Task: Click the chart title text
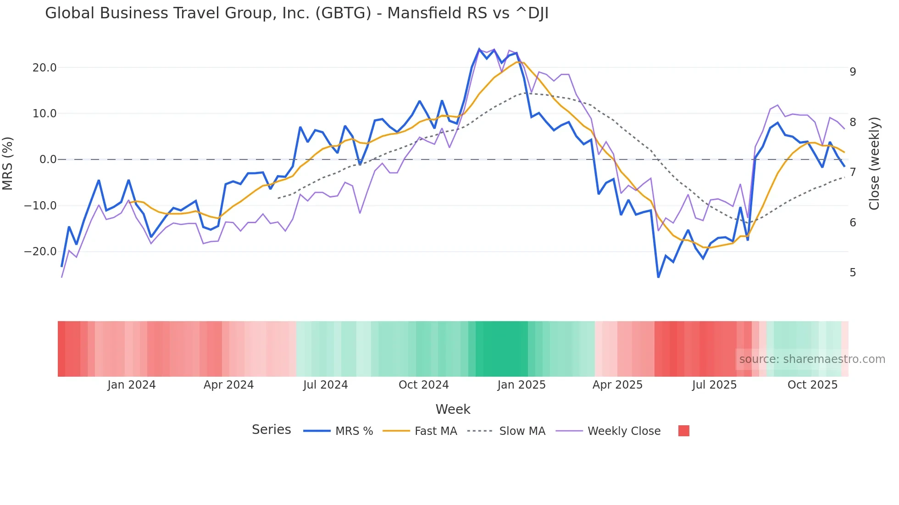pyautogui.click(x=296, y=13)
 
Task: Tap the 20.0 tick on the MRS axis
pyautogui.click(x=44, y=68)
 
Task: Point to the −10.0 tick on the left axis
pyautogui.click(x=40, y=206)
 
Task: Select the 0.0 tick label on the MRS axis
pyautogui.click(x=48, y=159)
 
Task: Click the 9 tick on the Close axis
pyautogui.click(x=853, y=72)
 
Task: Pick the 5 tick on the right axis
pyautogui.click(x=853, y=273)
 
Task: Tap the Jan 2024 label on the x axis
pyautogui.click(x=132, y=385)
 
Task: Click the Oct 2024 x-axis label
pyautogui.click(x=423, y=385)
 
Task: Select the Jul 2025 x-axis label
pyautogui.click(x=714, y=385)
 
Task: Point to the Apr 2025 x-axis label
pyautogui.click(x=617, y=385)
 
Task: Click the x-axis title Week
pyautogui.click(x=453, y=409)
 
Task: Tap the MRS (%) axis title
pyautogui.click(x=8, y=163)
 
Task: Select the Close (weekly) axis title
pyautogui.click(x=874, y=164)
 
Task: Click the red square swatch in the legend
pyautogui.click(x=683, y=431)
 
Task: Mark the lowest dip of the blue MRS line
pyautogui.click(x=658, y=277)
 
